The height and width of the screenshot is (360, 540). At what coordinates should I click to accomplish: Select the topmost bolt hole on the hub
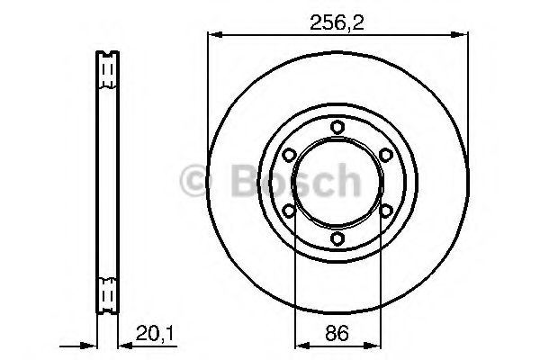click(337, 127)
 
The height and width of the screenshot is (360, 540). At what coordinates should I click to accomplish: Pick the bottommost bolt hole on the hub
click(337, 238)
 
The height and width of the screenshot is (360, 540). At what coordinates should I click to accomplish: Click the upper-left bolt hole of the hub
click(289, 155)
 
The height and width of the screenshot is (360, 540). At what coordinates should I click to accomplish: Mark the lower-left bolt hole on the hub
click(289, 211)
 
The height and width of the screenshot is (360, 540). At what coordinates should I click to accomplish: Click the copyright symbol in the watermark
click(201, 183)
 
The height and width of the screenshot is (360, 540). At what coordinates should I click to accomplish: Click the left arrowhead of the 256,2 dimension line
click(213, 35)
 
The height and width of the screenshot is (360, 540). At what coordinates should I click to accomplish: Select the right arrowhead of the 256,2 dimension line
click(462, 35)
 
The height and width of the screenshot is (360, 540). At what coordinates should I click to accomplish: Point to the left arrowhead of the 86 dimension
click(300, 344)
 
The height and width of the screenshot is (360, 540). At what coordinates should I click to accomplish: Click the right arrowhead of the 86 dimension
click(374, 344)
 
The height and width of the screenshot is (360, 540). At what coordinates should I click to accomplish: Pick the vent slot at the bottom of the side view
click(106, 293)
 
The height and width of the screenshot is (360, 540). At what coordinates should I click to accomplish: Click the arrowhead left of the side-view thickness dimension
click(90, 344)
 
